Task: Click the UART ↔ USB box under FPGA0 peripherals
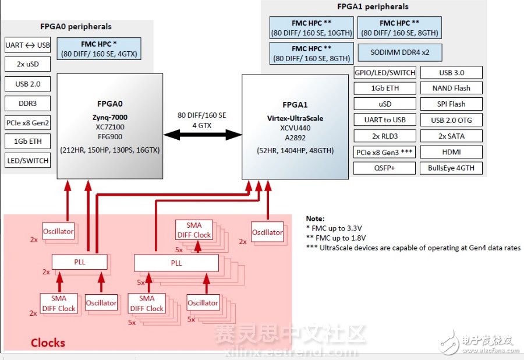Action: click(x=28, y=45)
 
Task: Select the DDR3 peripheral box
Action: click(x=28, y=104)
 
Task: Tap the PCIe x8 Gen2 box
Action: click(x=28, y=123)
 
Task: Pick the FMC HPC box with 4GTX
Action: click(x=99, y=49)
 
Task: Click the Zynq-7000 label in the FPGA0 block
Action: click(x=109, y=117)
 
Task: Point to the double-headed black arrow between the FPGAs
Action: click(x=202, y=135)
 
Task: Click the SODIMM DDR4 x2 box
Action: click(x=400, y=52)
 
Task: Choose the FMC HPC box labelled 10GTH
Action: click(x=312, y=28)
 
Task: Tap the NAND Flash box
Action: click(x=451, y=88)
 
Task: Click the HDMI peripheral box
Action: click(x=451, y=152)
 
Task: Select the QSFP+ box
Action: click(x=385, y=168)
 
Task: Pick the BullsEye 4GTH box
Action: click(x=451, y=168)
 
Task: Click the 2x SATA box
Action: click(x=451, y=136)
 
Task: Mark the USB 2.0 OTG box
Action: click(x=451, y=120)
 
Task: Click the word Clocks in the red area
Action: click(x=48, y=343)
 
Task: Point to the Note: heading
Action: click(x=315, y=218)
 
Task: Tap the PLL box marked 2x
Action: click(x=79, y=262)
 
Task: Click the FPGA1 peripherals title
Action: click(x=373, y=7)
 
